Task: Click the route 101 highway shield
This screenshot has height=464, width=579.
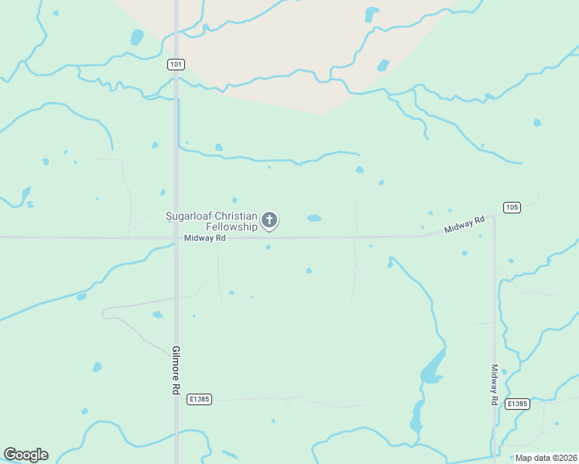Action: click(176, 65)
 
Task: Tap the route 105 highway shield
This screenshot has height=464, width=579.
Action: click(511, 207)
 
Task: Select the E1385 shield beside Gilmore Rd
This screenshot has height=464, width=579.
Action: click(199, 399)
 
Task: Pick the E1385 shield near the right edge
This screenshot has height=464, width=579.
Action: click(517, 404)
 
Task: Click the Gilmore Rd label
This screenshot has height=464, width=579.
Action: click(176, 370)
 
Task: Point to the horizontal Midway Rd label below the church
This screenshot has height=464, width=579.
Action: click(204, 239)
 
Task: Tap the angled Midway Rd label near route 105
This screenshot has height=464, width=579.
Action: click(464, 225)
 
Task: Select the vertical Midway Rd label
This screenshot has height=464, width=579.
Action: click(494, 385)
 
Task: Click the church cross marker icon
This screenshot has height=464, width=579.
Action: click(269, 220)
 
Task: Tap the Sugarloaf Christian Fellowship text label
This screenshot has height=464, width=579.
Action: click(212, 221)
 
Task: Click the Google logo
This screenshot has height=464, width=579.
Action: click(26, 455)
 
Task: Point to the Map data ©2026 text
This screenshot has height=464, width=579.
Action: click(546, 457)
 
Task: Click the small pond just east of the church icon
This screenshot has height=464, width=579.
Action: click(313, 218)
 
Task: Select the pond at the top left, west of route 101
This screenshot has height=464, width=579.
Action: click(137, 37)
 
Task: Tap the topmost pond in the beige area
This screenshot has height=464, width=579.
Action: click(372, 14)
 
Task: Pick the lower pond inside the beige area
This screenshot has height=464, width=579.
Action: click(383, 65)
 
